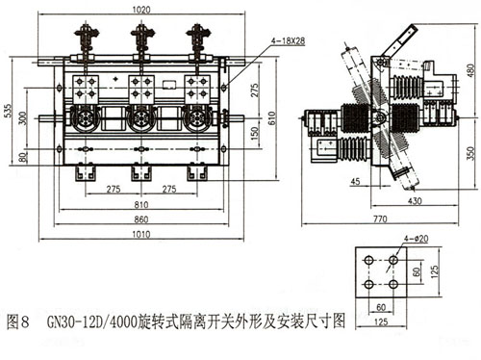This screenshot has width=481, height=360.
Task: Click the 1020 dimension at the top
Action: coord(141,10)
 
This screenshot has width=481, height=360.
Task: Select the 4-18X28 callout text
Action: coord(288,40)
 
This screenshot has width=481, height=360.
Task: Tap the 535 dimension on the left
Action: coord(8,111)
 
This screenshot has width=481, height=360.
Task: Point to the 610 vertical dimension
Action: coord(272,117)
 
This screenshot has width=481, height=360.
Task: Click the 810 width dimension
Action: coord(141,204)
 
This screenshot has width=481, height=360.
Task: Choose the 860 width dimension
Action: coord(141,219)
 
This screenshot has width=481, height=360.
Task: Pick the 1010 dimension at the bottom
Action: coord(141,234)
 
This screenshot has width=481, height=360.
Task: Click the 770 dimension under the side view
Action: coord(380,219)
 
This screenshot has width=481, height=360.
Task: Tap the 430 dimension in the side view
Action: coord(415,201)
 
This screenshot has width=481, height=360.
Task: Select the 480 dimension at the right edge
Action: coord(470,71)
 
